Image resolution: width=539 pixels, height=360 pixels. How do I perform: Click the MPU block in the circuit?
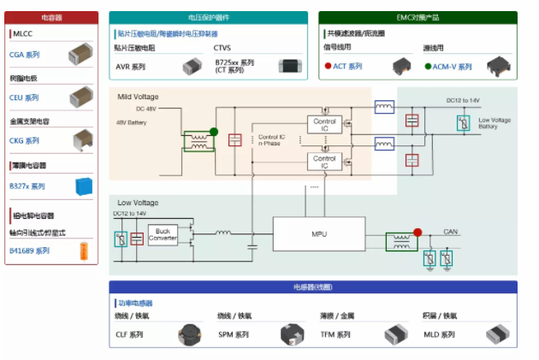click(318, 233)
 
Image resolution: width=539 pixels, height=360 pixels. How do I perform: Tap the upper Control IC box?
click(324, 126)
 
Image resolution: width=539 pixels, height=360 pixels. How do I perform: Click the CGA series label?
click(25, 55)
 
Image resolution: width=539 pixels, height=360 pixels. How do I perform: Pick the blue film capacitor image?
click(84, 186)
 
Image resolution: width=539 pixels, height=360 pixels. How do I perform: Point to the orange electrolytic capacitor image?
click(84, 251)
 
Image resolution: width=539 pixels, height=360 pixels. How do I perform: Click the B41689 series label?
click(30, 251)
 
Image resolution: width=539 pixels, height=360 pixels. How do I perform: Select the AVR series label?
click(131, 67)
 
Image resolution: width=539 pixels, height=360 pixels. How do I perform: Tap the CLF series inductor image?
click(191, 334)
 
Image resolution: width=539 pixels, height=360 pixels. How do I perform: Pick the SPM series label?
click(234, 334)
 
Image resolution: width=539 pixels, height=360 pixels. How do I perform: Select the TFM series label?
click(335, 334)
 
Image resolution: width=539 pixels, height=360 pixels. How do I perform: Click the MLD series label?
click(440, 334)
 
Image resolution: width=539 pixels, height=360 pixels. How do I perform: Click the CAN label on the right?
click(451, 231)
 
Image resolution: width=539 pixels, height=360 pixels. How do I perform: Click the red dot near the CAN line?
click(418, 232)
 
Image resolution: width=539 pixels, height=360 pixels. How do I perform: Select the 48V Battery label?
click(133, 122)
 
